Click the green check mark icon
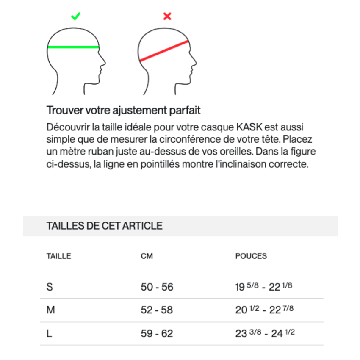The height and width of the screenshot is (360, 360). tap(76, 17)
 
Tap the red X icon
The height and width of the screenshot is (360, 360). tap(167, 17)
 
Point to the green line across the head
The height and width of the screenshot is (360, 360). tap(73, 47)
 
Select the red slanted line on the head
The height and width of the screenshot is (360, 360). tap(164, 51)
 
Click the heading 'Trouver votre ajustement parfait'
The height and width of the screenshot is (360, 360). tap(123, 111)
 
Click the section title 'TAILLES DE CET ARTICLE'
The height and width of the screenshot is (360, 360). tap(104, 226)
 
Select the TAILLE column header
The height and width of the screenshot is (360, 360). tap(58, 256)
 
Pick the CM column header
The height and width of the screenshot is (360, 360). tap(147, 256)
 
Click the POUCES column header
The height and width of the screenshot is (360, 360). tap(251, 256)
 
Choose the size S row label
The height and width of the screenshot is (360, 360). tap(50, 287)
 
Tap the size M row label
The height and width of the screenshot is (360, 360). tap(50, 310)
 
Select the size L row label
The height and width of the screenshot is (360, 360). tap(49, 334)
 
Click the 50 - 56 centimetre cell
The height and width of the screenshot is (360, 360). tap(157, 287)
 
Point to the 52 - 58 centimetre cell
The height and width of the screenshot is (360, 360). tap(157, 310)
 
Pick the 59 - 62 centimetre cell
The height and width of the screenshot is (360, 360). tap(157, 334)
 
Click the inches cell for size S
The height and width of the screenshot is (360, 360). tap(263, 287)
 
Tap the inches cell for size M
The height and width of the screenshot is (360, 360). tap(264, 310)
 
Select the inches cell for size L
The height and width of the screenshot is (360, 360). tap(265, 333)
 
